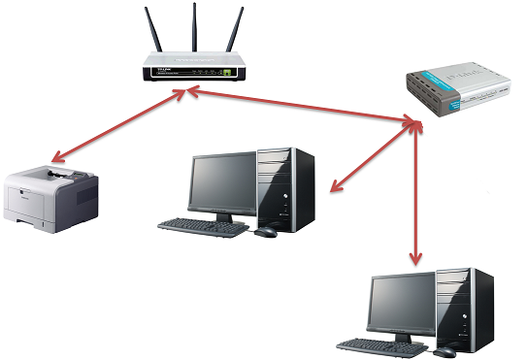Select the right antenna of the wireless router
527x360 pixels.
coord(233,33)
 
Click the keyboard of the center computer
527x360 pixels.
coord(203,228)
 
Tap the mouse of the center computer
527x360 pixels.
coord(265,233)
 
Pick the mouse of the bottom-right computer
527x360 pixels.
coord(443,351)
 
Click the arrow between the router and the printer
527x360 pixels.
coord(116,126)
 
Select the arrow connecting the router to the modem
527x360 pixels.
coord(301,105)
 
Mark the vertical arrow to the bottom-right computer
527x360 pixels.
coord(415,194)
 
